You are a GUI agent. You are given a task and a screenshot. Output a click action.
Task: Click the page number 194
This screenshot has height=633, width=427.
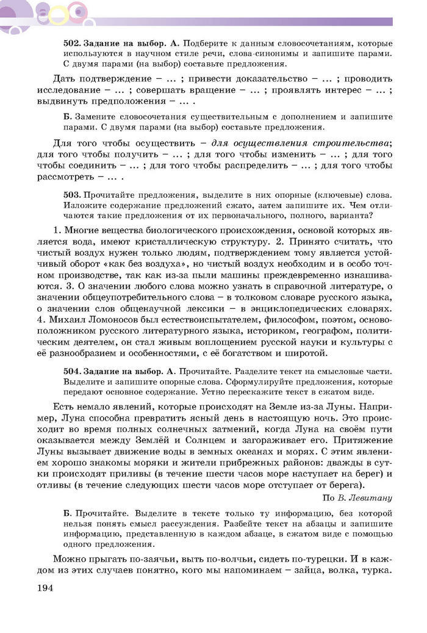coord(45,588)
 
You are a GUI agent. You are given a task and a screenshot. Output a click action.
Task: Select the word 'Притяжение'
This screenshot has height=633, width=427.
coord(360,441)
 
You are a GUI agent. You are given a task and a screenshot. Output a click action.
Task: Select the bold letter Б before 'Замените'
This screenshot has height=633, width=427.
coord(68,116)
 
